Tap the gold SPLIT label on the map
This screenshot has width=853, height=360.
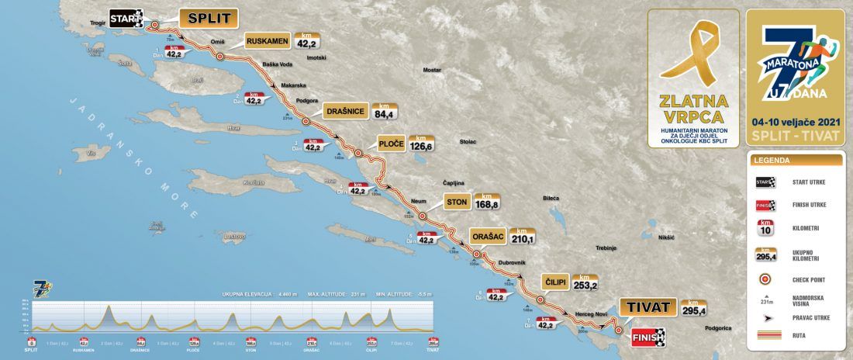coord(208,18)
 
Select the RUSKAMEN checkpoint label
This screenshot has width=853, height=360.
coord(268,42)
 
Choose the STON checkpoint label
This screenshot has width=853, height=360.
coord(457,203)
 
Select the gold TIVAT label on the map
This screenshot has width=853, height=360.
coord(644,306)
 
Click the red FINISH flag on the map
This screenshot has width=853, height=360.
coord(646,337)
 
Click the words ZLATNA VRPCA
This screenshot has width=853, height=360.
coord(692,109)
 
